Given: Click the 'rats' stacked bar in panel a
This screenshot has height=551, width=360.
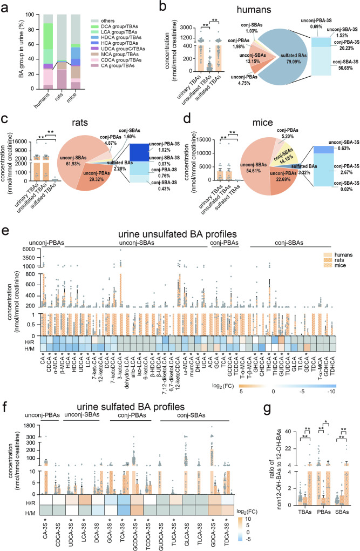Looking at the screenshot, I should (x=62, y=53).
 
